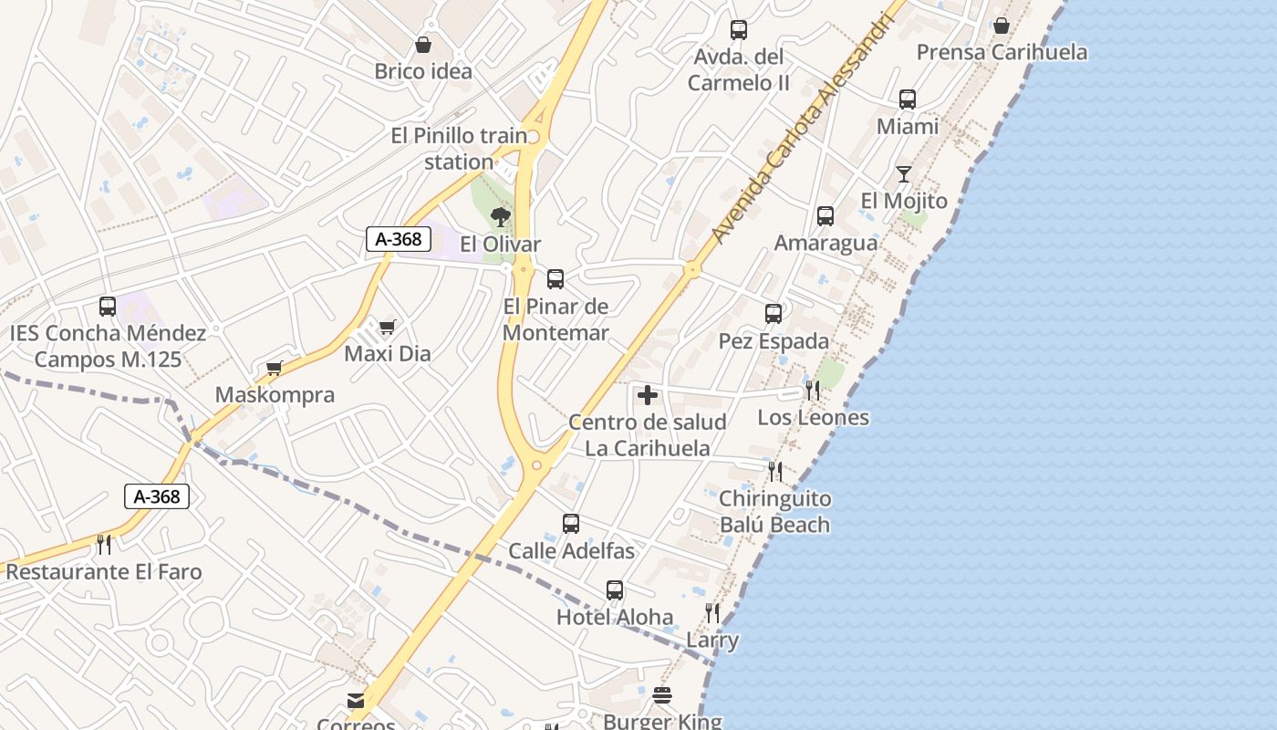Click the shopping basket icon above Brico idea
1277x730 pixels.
[x=423, y=45]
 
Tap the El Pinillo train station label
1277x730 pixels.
[x=459, y=149]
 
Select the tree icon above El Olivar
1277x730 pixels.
[x=500, y=217]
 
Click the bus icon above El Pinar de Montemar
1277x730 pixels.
[x=555, y=279]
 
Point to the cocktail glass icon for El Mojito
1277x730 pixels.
[x=904, y=174]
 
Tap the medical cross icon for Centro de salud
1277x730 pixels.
[x=648, y=395]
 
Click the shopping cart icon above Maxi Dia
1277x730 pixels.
[x=388, y=327]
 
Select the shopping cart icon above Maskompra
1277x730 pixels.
[x=275, y=368]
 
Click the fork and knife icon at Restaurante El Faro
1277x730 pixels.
[x=104, y=545]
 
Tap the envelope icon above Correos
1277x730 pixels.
[x=356, y=701]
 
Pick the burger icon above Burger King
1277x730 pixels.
[x=662, y=696]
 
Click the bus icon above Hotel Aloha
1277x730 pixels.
[x=615, y=590]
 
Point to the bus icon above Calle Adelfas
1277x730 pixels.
[x=571, y=524]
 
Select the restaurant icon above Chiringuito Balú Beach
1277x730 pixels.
[x=775, y=472]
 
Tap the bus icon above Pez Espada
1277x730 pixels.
[x=773, y=314]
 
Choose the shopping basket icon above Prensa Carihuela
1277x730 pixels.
[x=1002, y=26]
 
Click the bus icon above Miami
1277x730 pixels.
[x=908, y=99]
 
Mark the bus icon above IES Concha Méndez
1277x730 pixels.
[x=108, y=307]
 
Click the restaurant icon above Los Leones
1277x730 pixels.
[x=813, y=391]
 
